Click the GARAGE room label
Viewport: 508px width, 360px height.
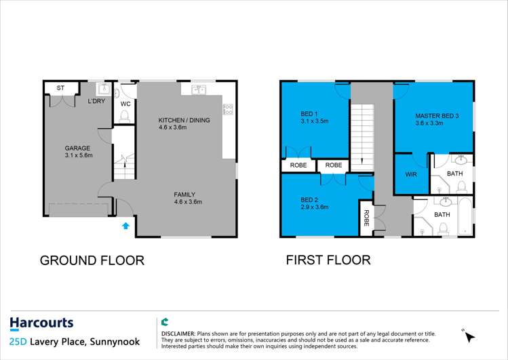(x=78, y=148)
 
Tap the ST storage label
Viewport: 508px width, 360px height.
(x=60, y=88)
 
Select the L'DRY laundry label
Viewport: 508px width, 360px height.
(x=96, y=101)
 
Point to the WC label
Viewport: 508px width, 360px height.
(x=125, y=104)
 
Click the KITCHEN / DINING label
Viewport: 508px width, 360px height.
(x=184, y=120)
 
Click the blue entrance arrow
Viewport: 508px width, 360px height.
(x=125, y=226)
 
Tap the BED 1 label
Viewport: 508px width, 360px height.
(x=310, y=114)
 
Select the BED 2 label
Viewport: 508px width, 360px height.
(x=310, y=199)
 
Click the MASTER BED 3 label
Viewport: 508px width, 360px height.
(x=437, y=116)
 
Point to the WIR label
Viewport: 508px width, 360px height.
(x=410, y=174)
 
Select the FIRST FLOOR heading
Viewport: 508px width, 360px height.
(x=328, y=260)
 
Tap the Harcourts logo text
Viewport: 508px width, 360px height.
(x=41, y=323)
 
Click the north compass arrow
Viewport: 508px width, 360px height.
(x=469, y=336)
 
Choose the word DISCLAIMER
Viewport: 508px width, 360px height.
(x=178, y=334)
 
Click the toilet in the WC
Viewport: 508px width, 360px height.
(x=125, y=117)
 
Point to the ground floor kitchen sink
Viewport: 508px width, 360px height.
(x=199, y=89)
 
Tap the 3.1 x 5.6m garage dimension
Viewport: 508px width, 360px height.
(x=78, y=155)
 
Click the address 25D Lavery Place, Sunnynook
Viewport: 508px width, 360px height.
(x=75, y=342)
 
